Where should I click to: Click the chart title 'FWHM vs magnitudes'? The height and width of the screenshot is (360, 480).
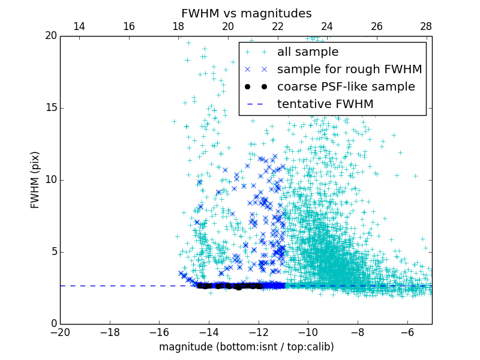coord(246,13)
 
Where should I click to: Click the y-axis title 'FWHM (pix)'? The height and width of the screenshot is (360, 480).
coord(35,180)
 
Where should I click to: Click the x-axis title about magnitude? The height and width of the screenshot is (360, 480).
coord(246,347)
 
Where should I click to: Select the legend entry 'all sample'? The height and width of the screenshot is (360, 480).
coord(307,52)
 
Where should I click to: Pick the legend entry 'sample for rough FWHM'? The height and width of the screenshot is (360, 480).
coord(349,70)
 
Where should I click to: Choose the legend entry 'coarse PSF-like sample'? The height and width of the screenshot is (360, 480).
coord(346,87)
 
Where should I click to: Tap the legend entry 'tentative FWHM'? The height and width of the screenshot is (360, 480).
coord(325,104)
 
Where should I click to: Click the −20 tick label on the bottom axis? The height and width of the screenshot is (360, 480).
coord(60,332)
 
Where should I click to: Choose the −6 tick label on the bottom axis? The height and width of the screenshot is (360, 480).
coord(407,332)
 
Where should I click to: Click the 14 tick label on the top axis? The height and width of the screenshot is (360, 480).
coord(79,27)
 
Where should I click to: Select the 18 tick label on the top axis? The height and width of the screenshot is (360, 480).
coord(178,27)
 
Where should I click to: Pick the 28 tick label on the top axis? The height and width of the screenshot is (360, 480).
coord(426,27)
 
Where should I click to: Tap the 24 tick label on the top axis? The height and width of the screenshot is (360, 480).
coord(327,27)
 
